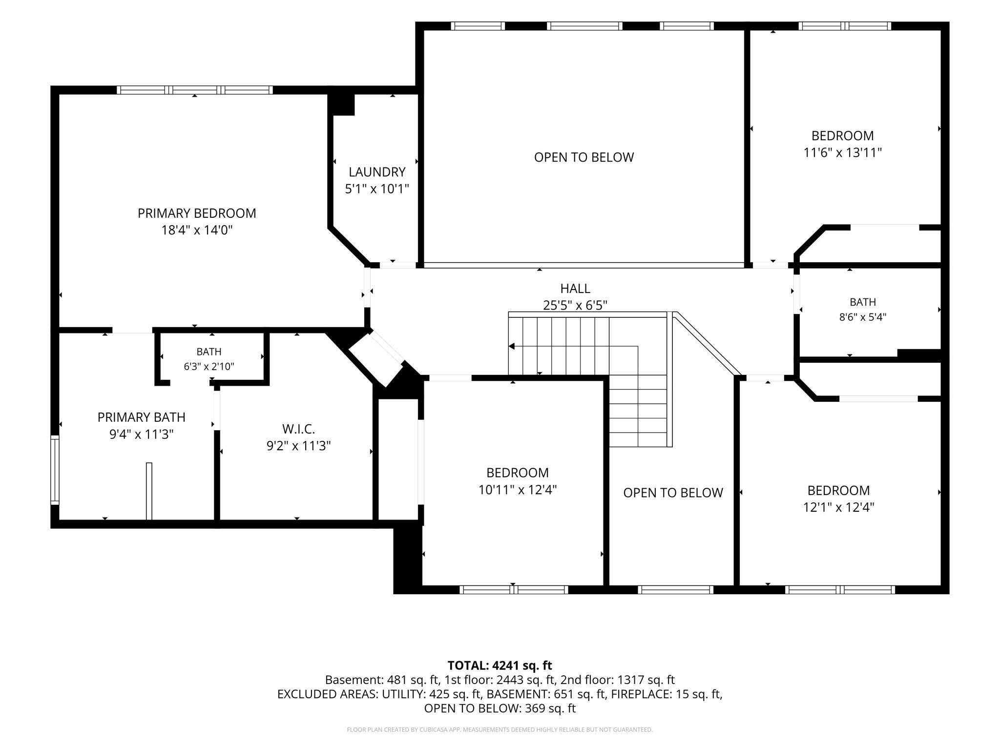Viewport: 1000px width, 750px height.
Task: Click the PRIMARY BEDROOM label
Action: [197, 213]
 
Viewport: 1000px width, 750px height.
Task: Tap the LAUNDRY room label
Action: [377, 172]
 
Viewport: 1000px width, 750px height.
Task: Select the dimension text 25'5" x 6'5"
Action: [575, 306]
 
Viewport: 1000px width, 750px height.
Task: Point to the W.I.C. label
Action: [298, 429]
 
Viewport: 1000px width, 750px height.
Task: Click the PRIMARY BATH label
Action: [142, 417]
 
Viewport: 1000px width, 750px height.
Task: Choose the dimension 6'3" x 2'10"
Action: [209, 366]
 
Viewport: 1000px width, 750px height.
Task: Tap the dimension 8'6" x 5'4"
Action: [863, 317]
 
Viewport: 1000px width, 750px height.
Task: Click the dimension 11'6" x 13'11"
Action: [843, 153]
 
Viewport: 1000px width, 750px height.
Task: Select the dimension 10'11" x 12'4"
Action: [518, 490]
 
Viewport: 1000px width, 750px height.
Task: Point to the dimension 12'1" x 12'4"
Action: [839, 507]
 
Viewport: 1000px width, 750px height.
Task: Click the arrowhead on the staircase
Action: [511, 346]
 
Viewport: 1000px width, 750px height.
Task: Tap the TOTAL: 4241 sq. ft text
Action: [500, 666]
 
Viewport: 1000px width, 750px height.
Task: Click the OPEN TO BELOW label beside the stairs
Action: [673, 493]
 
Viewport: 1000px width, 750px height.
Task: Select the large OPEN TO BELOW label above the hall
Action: [584, 157]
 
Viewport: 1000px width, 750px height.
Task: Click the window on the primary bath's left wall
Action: [55, 470]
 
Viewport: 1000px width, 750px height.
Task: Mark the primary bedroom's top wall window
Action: [195, 90]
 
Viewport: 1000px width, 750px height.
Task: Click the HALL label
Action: [575, 289]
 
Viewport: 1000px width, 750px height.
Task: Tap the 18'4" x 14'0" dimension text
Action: [197, 230]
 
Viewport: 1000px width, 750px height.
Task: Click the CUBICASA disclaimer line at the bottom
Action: [500, 730]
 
